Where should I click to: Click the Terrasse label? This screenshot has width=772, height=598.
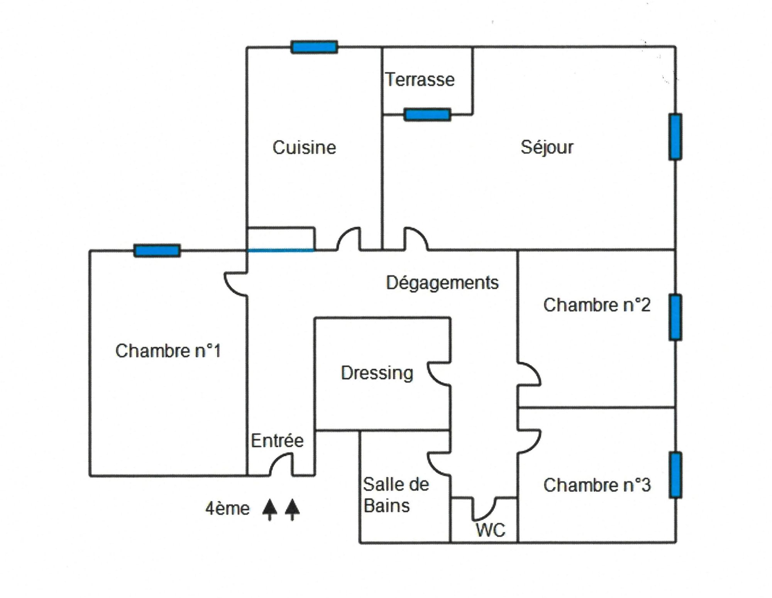(420, 80)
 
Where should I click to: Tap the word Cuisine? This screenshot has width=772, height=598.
(304, 147)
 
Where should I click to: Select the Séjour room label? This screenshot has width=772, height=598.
(547, 147)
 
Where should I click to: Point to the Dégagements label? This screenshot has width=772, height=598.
(442, 283)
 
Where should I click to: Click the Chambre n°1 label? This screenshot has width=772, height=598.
(168, 351)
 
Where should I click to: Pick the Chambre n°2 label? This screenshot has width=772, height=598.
(597, 305)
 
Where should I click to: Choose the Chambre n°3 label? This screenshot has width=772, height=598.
(597, 485)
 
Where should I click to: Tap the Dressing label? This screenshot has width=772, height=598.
(377, 373)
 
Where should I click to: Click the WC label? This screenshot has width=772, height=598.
(491, 530)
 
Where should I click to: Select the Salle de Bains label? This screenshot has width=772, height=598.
(396, 495)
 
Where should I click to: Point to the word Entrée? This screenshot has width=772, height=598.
(277, 440)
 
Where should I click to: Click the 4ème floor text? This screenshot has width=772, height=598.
(227, 509)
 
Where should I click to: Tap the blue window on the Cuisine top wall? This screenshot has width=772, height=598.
(314, 47)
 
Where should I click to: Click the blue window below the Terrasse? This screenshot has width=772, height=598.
(427, 115)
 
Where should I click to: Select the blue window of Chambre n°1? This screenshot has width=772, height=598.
(157, 250)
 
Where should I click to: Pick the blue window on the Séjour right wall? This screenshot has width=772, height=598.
(675, 137)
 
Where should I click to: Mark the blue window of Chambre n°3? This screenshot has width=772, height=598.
(675, 475)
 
